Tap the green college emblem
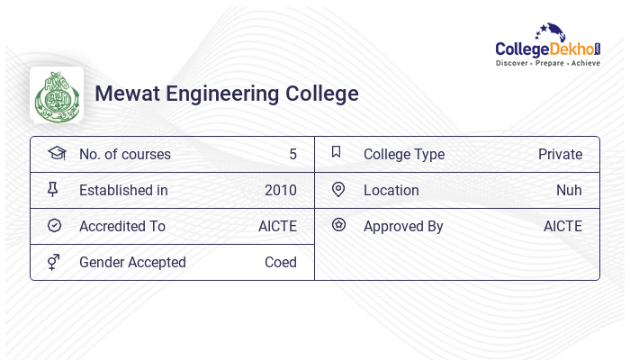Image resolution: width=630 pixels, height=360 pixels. tap(57, 94)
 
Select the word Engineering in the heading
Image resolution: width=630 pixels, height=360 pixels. tap(225, 94)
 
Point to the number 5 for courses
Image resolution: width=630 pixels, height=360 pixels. tap(292, 154)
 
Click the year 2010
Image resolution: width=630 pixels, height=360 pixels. tap(280, 190)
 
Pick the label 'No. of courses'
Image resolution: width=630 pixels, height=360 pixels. tap(124, 154)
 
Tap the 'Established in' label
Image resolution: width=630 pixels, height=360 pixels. tap(123, 190)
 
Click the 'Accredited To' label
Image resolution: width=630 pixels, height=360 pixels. tap(122, 226)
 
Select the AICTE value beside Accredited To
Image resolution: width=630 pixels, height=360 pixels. tap(277, 226)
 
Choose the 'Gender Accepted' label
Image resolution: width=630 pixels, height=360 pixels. tap(132, 262)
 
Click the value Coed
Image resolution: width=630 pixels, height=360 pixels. tap(280, 262)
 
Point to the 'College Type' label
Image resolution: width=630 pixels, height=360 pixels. tap(404, 154)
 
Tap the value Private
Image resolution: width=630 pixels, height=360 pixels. tap(560, 154)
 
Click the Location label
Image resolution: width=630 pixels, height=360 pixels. tap(391, 190)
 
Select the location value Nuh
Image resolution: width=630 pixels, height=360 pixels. tap(569, 190)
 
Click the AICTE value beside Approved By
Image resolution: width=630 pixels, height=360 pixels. tap(562, 226)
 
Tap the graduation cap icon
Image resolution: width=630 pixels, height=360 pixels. tap(57, 153)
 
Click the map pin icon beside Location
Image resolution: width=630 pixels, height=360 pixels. tap(338, 189)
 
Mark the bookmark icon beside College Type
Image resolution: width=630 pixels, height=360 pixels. tap(337, 152)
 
